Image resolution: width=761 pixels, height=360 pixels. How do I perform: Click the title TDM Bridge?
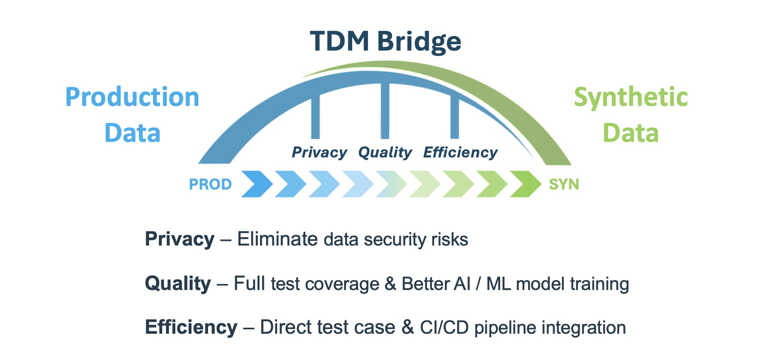coord(385,42)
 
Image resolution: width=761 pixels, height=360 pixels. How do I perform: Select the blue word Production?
coord(132,97)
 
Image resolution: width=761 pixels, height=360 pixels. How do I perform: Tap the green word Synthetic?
coord(631,97)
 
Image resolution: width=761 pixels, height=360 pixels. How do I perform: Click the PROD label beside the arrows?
coord(210,185)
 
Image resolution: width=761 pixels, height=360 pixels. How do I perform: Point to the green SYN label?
coord(564,185)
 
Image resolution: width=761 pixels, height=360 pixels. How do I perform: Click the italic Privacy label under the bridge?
coord(319,152)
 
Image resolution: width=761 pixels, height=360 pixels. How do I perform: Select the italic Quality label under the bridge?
coord(385,152)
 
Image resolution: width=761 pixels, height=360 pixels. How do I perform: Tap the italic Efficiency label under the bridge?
coord(460,152)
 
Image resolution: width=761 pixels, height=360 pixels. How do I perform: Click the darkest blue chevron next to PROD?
coord(257,184)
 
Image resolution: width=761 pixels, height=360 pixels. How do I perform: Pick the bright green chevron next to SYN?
coord(525,184)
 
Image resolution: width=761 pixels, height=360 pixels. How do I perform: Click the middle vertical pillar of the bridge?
coord(385,111)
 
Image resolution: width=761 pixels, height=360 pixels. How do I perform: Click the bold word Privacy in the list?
coord(179,239)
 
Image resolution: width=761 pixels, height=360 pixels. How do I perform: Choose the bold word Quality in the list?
coord(178,284)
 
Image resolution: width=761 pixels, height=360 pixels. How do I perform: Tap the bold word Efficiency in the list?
coord(191,327)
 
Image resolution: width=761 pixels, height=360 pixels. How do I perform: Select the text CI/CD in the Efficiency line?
coord(444,327)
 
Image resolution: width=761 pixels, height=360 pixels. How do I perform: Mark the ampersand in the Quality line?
coord(390,284)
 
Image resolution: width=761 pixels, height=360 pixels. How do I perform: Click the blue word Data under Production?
coord(132,133)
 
